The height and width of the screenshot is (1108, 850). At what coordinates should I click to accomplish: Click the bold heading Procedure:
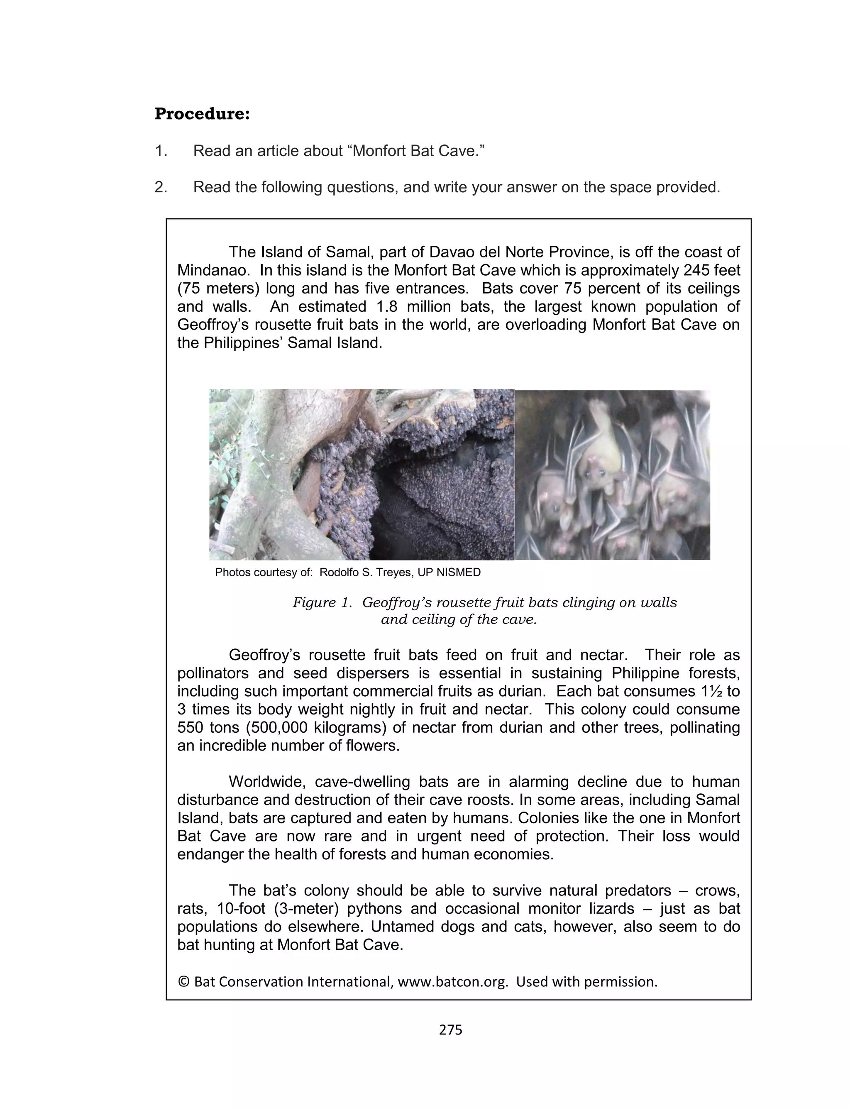point(202,114)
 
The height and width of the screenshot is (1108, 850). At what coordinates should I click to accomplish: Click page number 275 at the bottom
point(450,1030)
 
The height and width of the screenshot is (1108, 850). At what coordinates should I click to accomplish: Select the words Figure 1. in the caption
point(322,602)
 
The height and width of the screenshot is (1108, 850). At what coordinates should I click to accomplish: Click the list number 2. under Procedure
point(161,187)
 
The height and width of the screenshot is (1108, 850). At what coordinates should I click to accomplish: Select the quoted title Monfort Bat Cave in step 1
point(415,151)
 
